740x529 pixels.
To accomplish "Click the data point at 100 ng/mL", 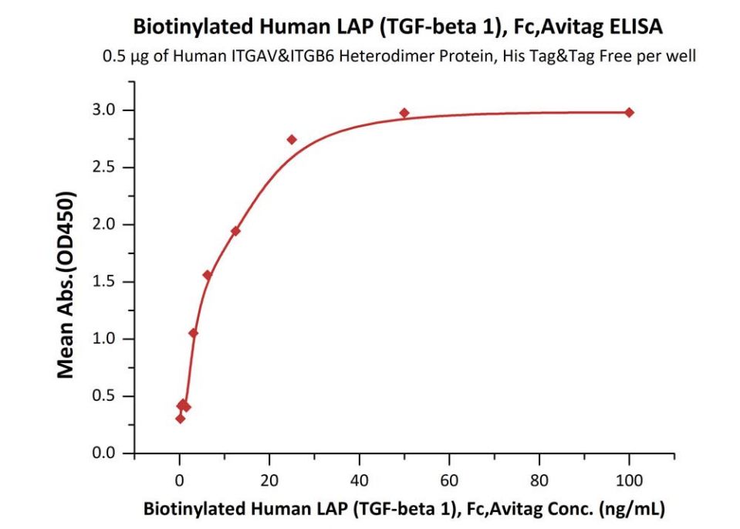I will (629, 113).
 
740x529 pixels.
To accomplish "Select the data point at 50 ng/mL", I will (404, 114).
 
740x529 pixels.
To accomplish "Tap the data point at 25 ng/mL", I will (292, 140).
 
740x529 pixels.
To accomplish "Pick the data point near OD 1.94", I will (235, 231).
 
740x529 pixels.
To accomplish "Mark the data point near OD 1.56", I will (207, 275).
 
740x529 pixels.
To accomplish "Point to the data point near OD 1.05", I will (193, 333).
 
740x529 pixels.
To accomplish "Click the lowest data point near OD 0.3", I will (180, 419).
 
